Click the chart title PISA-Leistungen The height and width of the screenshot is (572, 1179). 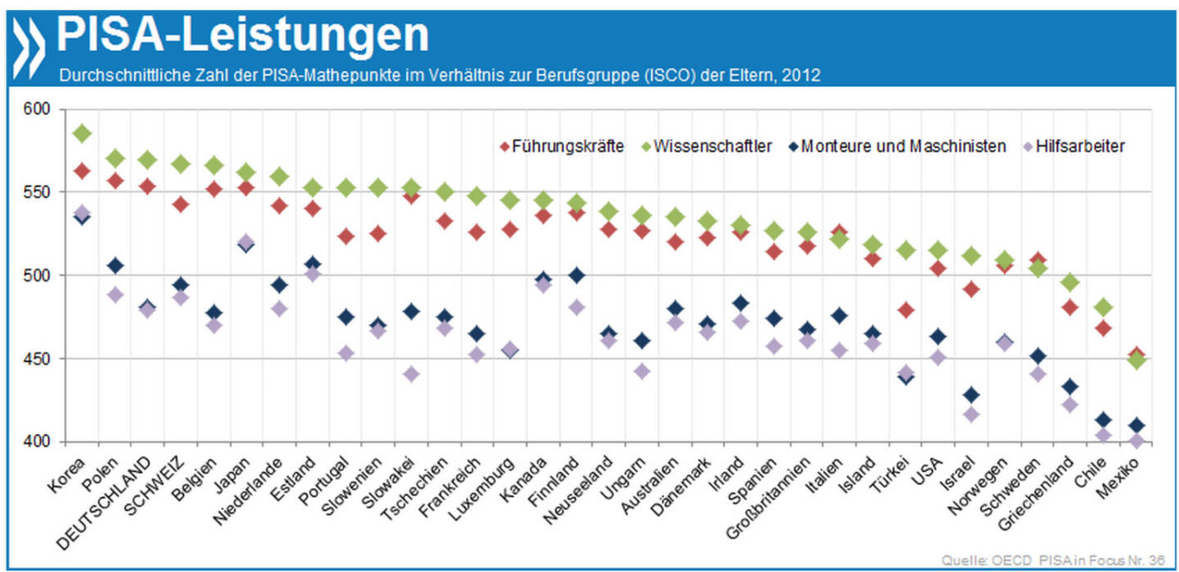click(x=242, y=34)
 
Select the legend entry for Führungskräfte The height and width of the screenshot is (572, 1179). click(x=561, y=146)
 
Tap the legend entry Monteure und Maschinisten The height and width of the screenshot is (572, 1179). click(x=896, y=146)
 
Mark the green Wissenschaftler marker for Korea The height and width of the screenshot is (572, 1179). click(x=82, y=133)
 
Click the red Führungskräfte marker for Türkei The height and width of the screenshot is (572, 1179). click(x=906, y=310)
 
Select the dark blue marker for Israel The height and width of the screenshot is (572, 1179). click(x=971, y=395)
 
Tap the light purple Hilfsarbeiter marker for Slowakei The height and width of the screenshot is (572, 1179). click(x=411, y=374)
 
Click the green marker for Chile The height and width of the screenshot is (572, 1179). click(x=1104, y=307)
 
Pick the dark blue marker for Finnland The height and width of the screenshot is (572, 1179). click(x=576, y=275)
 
